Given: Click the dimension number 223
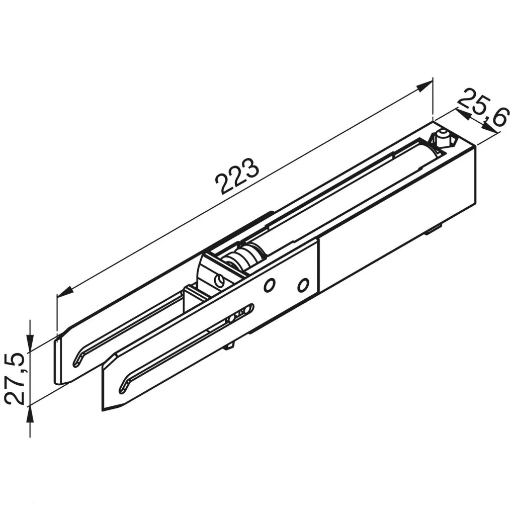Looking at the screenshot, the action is click(x=237, y=177).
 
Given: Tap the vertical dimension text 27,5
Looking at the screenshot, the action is click(x=16, y=378).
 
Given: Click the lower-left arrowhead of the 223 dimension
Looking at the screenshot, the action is click(x=65, y=291).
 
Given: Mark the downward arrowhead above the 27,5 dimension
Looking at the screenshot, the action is click(x=30, y=343).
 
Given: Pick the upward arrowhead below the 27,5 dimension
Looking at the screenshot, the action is click(x=30, y=414).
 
